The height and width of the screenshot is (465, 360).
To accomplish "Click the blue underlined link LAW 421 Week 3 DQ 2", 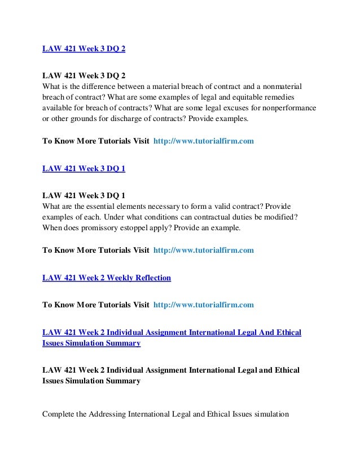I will pos(84,48).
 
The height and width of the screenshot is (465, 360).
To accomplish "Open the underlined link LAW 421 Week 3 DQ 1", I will pos(84,168).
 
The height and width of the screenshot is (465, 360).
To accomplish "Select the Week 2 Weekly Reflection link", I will pos(107,278).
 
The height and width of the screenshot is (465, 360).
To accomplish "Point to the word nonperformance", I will pos(289,108).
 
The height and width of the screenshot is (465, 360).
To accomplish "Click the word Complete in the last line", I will pos(59,415).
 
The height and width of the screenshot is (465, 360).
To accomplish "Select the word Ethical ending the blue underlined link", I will pos(287,332).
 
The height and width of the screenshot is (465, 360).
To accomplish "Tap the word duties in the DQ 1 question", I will pos(226,217).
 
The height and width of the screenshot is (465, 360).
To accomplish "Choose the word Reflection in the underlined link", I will pos(151,278).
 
